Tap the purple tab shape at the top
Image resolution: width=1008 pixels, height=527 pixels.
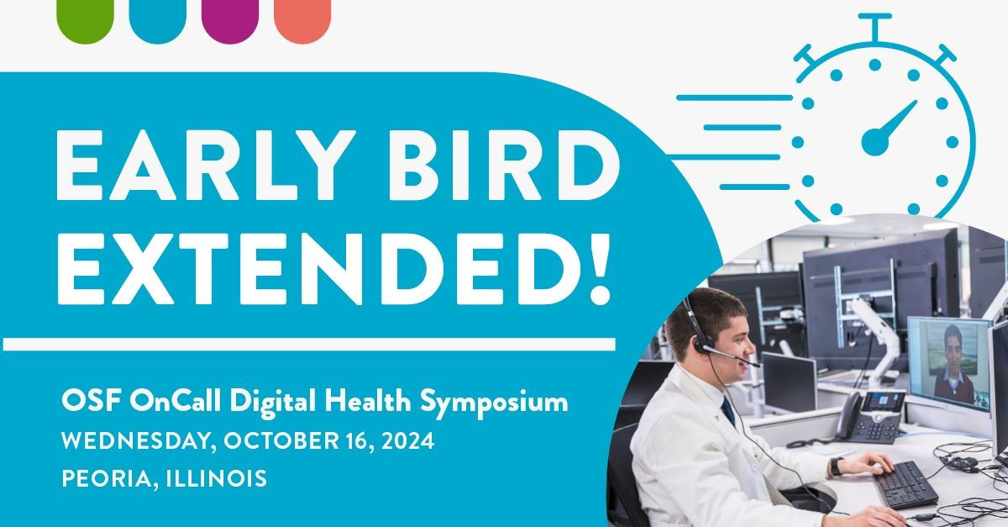230,18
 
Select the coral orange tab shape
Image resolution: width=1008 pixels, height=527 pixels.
302,18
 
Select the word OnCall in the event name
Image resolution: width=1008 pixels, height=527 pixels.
155,402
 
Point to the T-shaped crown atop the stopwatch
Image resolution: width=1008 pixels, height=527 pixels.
874,25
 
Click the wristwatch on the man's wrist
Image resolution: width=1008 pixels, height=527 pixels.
836,466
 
